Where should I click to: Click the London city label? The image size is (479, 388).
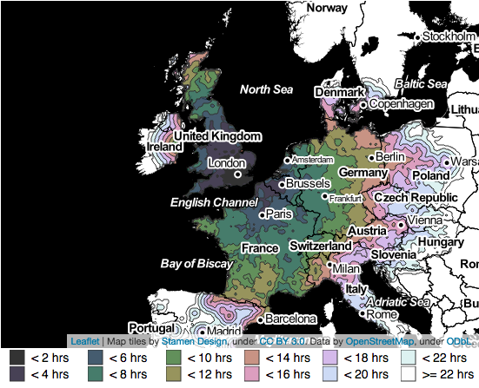(230, 163)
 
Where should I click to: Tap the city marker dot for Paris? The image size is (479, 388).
(262, 214)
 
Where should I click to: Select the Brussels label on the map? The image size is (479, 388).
(309, 184)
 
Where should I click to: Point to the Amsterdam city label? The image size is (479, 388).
(312, 161)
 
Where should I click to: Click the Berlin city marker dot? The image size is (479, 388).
(371, 157)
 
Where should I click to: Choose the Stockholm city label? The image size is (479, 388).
(449, 36)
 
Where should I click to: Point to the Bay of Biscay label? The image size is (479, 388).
(196, 262)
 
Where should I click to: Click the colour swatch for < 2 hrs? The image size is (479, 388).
(17, 357)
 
